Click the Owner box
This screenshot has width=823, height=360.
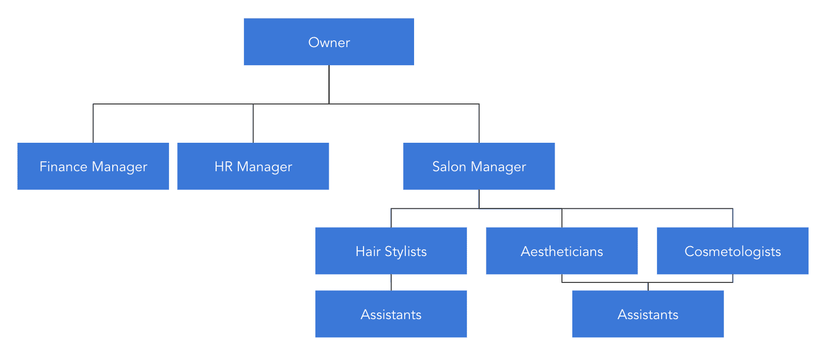click(x=329, y=42)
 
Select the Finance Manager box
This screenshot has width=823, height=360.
click(x=93, y=166)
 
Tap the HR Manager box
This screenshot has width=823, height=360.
click(x=253, y=166)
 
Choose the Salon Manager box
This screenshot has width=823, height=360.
click(x=479, y=166)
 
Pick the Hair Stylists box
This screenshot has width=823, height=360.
click(x=391, y=251)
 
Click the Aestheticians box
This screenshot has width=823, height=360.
click(x=561, y=251)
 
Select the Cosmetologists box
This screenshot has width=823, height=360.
click(x=733, y=251)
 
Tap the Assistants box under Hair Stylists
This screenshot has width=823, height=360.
click(x=391, y=314)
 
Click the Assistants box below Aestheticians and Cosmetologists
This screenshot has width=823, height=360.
click(x=648, y=314)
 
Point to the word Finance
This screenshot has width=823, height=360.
click(x=64, y=167)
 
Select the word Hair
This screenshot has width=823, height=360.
click(x=368, y=251)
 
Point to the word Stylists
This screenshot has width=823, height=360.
click(x=406, y=251)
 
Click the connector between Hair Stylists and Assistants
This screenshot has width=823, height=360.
click(x=391, y=282)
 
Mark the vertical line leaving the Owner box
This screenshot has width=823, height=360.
click(x=329, y=84)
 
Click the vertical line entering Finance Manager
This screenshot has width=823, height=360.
click(x=93, y=124)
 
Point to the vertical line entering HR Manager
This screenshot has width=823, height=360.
click(x=253, y=124)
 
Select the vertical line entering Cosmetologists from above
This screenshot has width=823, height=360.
click(x=733, y=218)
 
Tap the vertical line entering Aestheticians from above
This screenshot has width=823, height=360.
click(x=562, y=218)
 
